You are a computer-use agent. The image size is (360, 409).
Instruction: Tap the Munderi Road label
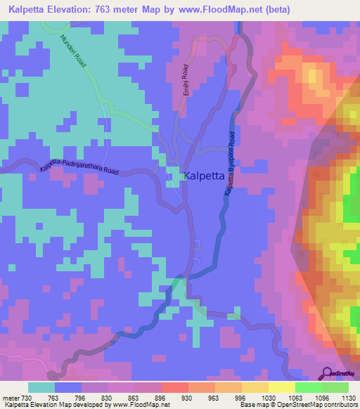(73, 52)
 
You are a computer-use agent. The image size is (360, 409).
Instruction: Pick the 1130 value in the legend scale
(347, 398)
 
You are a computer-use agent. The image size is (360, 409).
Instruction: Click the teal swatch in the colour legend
(41, 387)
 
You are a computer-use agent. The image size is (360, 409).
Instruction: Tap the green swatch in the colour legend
(308, 387)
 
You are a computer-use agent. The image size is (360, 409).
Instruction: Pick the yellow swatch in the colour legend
(281, 387)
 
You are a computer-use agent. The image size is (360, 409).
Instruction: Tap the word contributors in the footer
(336, 405)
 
